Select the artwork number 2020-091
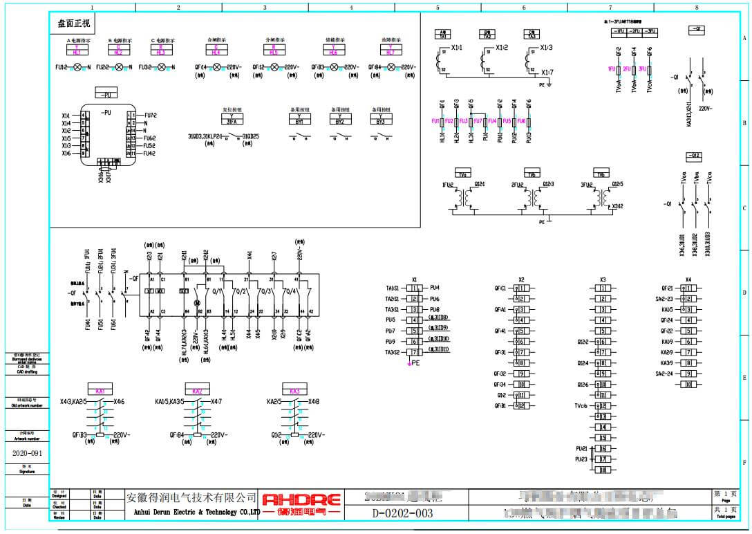coord(26,454)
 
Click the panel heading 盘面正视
coord(73,23)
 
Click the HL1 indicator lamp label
coord(77,52)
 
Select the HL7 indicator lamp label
coord(391,52)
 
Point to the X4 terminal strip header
coord(688,279)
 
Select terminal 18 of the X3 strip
coord(603,470)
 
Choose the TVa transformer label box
coord(462,174)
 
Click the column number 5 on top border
coord(438,7)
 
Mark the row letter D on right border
coord(744,293)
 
